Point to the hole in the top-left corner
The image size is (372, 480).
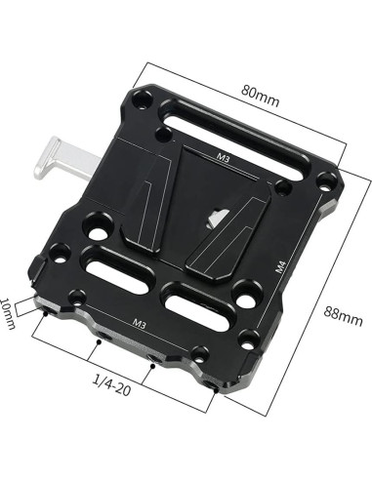click(144, 98)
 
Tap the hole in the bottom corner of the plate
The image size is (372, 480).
click(250, 340)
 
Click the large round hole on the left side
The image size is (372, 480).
click(95, 232)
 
